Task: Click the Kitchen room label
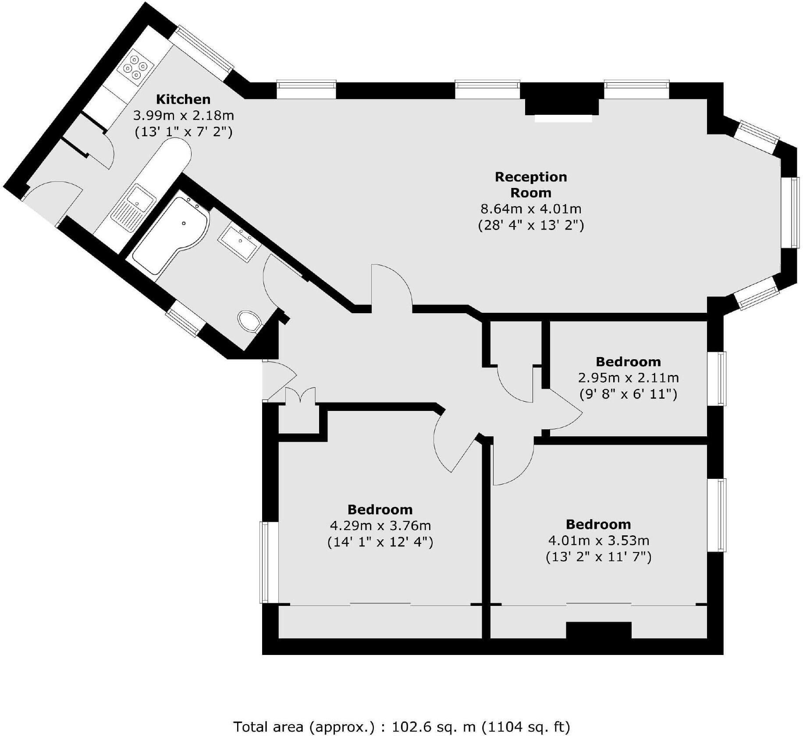(183, 99)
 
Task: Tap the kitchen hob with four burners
(135, 68)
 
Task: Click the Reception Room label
(530, 184)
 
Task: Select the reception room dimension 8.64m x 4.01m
(530, 209)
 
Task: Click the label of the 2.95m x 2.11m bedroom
(628, 362)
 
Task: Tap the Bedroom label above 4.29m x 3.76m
(380, 510)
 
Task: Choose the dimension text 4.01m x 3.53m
(598, 540)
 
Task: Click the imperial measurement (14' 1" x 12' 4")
(380, 542)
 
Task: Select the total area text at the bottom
(401, 715)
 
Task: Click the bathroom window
(185, 322)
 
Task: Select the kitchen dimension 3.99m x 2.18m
(183, 116)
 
